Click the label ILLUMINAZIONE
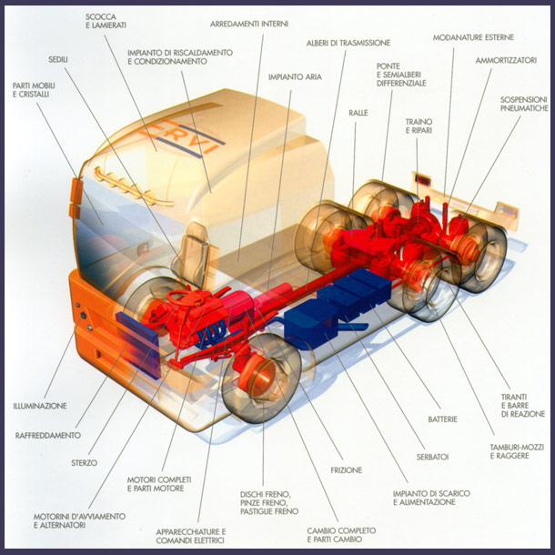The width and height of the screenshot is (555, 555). [x=40, y=406]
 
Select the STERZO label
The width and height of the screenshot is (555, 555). [x=84, y=463]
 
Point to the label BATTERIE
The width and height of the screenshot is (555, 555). [x=441, y=419]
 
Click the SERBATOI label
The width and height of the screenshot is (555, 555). [x=433, y=456]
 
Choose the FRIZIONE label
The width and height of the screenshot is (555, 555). [x=347, y=470]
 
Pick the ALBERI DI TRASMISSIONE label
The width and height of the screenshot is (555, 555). [x=348, y=43]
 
